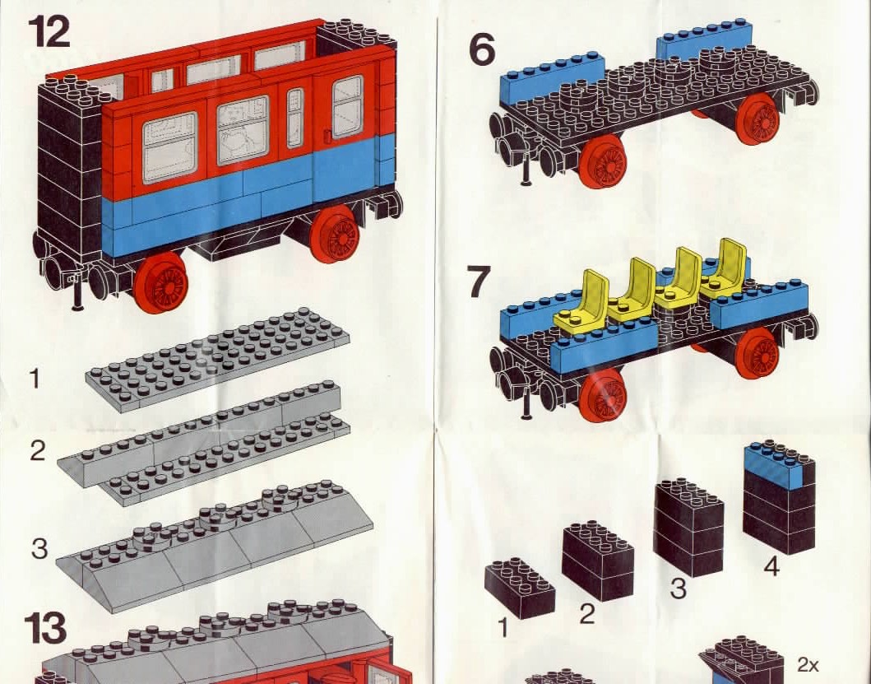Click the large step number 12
tap(49, 31)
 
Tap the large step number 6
tap(482, 49)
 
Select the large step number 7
tap(479, 282)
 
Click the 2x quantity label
tap(808, 664)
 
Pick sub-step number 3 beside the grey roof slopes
tap(39, 548)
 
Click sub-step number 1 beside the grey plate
tap(35, 378)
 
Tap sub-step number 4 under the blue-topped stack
tap(771, 566)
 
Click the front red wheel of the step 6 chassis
tap(603, 162)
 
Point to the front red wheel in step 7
tap(602, 394)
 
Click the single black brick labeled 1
tap(519, 589)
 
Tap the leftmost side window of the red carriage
tap(170, 148)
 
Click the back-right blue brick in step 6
tap(704, 43)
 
